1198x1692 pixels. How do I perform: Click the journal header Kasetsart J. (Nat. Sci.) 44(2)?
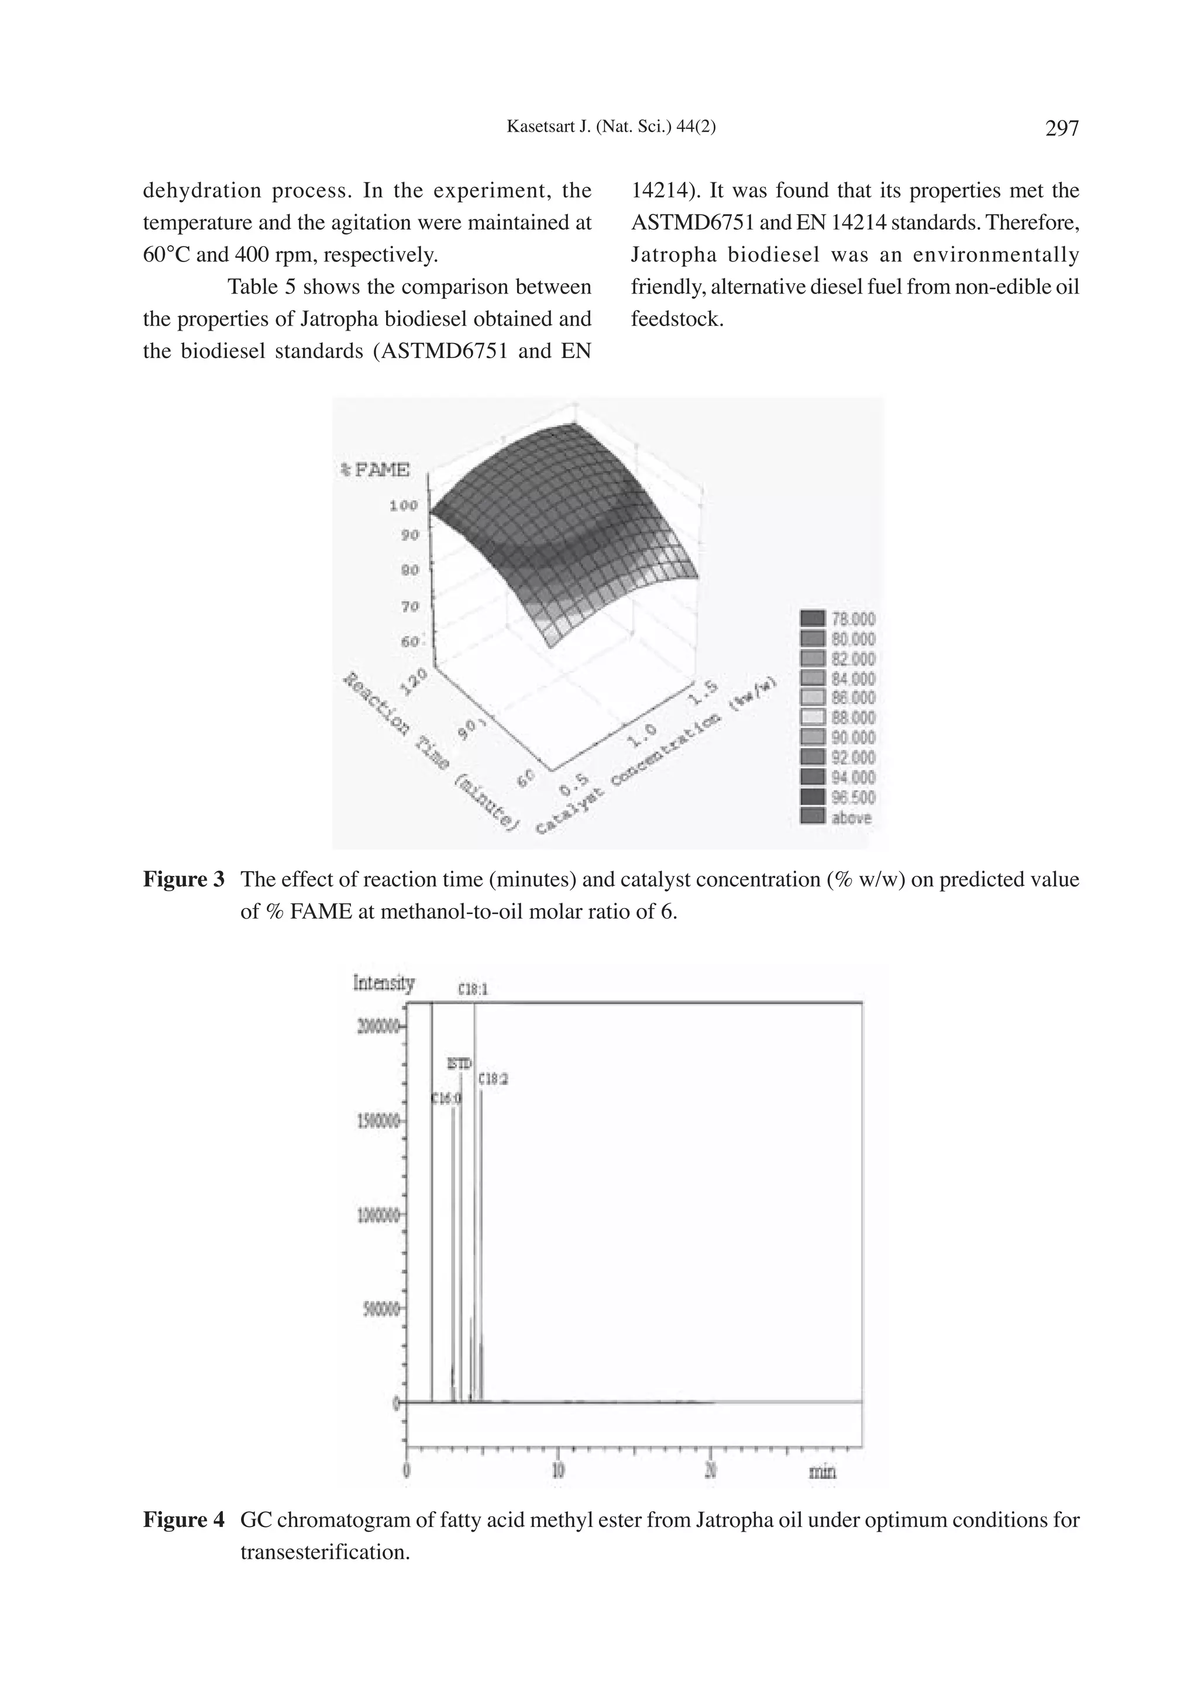tap(611, 127)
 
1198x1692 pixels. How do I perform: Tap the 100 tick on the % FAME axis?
tap(404, 505)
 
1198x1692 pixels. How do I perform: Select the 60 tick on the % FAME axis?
tap(409, 641)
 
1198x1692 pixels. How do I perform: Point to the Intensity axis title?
tap(384, 983)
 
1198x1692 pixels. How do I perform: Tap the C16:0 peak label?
tap(446, 1098)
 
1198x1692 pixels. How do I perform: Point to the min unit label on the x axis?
tap(822, 1472)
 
